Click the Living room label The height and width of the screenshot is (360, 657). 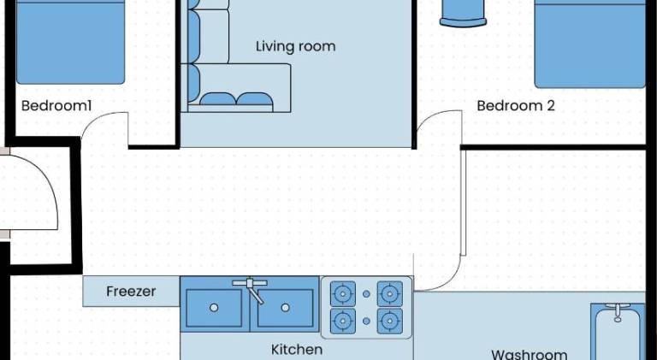(x=296, y=46)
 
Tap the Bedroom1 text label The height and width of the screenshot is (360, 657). (x=56, y=105)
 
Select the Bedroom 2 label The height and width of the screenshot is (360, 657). (x=516, y=105)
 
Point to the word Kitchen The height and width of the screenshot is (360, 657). (x=297, y=349)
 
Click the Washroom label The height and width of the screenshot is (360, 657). (x=530, y=354)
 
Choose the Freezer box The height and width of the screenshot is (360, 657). (x=131, y=292)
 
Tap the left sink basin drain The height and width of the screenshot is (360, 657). (x=214, y=308)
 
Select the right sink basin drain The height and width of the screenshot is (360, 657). (x=286, y=308)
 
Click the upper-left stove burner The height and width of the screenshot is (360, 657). (x=343, y=294)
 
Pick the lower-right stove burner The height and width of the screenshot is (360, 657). (x=390, y=321)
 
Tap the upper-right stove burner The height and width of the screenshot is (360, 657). (x=390, y=294)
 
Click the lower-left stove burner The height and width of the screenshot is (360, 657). (x=343, y=321)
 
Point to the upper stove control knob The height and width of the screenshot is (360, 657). (x=366, y=294)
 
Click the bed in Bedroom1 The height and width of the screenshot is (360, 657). (x=70, y=42)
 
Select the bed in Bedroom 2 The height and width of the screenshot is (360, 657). (x=590, y=44)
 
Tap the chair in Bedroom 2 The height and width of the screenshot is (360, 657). (x=463, y=14)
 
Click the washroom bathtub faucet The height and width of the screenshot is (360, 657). (x=618, y=312)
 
